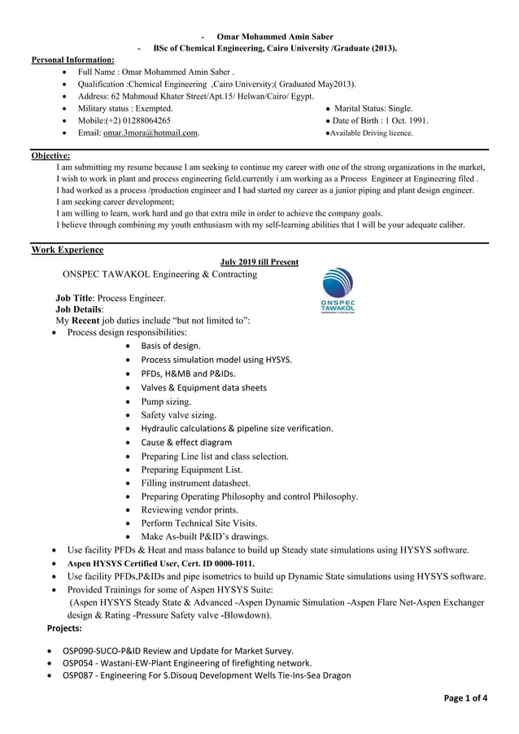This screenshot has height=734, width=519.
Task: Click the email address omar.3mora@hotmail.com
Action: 150,133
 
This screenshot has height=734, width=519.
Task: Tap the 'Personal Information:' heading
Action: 72,60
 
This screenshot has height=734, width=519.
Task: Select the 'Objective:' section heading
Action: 50,155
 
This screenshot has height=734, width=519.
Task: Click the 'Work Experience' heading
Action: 67,249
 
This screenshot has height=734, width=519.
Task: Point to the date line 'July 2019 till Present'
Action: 259,262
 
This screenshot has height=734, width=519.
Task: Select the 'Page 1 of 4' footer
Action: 466,697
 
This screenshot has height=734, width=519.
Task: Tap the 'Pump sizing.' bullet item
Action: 166,401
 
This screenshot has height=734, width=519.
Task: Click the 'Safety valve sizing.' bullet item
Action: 178,415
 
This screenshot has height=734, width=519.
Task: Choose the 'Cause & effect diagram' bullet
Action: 186,443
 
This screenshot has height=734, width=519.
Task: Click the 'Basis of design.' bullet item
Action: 171,346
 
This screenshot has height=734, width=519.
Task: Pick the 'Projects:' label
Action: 64,629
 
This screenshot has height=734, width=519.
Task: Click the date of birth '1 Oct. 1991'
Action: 404,120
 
